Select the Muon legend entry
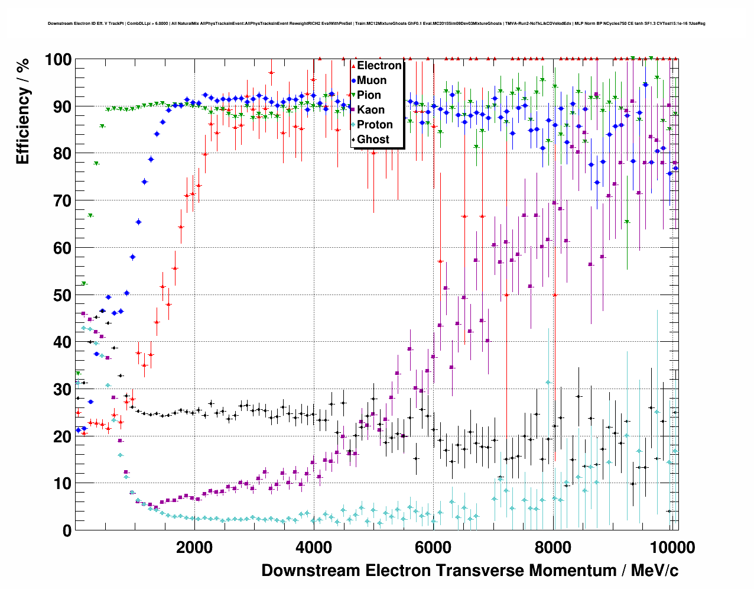point(372,80)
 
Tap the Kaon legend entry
point(370,110)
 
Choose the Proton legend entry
point(375,125)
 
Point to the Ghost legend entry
point(373,140)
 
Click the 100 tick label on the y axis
point(58,60)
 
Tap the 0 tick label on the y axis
point(67,530)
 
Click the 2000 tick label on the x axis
point(194,548)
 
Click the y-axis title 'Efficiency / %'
point(23,111)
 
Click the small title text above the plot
point(376,24)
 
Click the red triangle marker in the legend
point(353,66)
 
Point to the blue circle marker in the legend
point(353,80)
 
